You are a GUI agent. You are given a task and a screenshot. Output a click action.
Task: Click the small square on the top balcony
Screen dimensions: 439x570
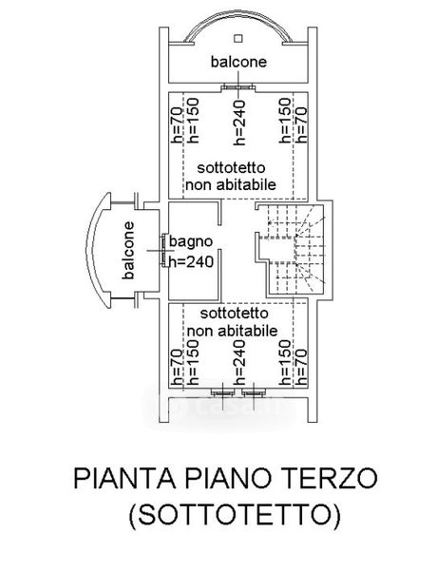click(x=238, y=38)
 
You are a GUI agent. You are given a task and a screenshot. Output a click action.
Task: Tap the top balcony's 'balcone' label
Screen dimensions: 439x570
click(x=239, y=62)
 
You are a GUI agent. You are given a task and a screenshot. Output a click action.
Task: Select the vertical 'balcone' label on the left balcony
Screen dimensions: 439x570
click(x=128, y=251)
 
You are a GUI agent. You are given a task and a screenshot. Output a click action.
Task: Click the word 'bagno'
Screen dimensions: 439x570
click(x=191, y=242)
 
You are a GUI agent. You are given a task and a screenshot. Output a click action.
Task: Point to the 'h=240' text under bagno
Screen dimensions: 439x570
click(x=191, y=261)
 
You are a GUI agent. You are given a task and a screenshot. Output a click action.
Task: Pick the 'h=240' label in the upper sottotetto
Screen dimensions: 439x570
click(x=239, y=123)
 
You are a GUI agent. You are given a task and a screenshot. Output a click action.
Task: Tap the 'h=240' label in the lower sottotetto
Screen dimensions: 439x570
click(x=239, y=363)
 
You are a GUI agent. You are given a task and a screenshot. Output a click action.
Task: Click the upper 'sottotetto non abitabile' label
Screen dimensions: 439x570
click(x=231, y=177)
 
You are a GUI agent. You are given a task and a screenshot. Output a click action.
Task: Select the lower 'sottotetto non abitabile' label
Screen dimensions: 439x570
click(x=232, y=322)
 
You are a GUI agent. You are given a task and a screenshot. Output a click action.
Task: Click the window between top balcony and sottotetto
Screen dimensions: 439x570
click(x=239, y=87)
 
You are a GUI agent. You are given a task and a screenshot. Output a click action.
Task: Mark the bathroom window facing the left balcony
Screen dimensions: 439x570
click(x=164, y=251)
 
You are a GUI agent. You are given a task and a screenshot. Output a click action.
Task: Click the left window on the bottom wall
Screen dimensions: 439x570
click(x=222, y=393)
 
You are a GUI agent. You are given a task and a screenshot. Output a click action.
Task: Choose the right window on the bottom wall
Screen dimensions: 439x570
click(x=254, y=393)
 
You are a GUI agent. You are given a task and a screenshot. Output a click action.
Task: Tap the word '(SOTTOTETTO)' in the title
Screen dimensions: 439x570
click(x=235, y=514)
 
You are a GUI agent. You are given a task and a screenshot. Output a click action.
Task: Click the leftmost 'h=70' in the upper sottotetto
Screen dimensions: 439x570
click(x=177, y=124)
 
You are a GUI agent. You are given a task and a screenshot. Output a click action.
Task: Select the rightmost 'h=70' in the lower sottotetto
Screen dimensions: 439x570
click(x=301, y=367)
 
